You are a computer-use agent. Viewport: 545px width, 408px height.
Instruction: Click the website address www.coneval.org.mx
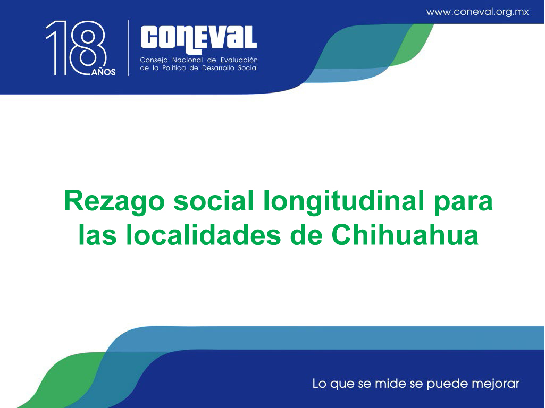(x=477, y=12)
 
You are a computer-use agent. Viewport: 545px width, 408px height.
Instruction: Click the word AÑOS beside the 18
(x=104, y=72)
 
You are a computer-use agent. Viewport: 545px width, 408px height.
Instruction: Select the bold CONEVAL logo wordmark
(x=198, y=39)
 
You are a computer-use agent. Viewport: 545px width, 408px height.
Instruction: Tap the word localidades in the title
(x=203, y=235)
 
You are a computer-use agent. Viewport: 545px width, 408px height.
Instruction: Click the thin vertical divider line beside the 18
(x=128, y=48)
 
